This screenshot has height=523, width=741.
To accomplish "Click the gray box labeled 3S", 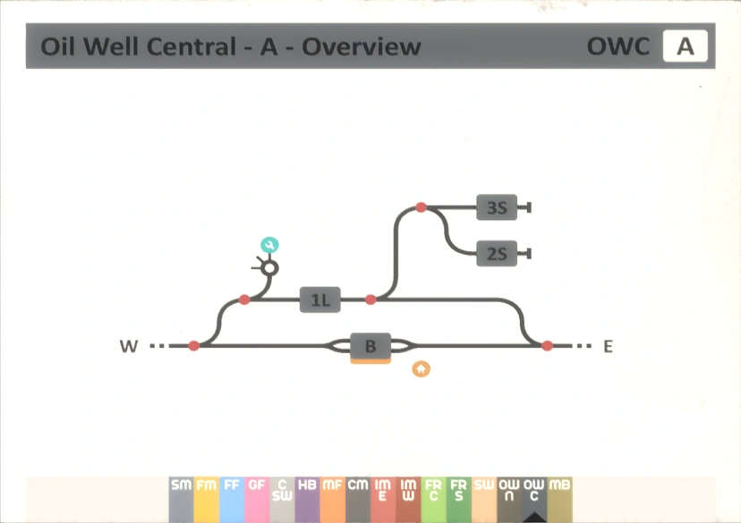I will (x=497, y=208).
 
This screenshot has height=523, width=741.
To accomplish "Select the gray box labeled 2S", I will (x=497, y=254).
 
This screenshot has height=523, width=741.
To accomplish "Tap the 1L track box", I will (x=320, y=300).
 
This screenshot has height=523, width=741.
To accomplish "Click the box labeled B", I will (x=370, y=345).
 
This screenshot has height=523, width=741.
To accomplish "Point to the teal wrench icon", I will (x=269, y=245).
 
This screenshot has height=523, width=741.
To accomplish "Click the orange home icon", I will (x=421, y=368).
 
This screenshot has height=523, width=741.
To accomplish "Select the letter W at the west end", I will (x=130, y=346).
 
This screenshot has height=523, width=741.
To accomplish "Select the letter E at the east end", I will (x=608, y=346).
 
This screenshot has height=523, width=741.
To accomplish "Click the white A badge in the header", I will (x=685, y=46).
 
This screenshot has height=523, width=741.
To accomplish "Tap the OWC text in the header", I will (x=618, y=46).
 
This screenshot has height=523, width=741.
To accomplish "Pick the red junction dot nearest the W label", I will (x=194, y=346).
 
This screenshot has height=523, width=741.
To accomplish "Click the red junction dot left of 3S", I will (x=421, y=208).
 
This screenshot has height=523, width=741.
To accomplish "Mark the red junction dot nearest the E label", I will (x=547, y=345).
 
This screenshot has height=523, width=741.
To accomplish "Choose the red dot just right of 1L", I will (x=371, y=299).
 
